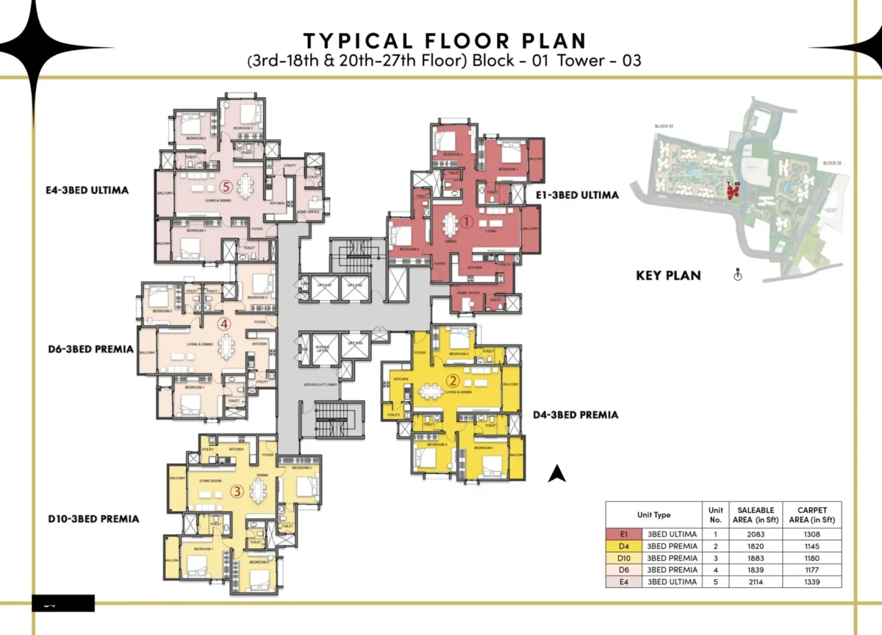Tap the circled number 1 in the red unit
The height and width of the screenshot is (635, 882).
[465, 220]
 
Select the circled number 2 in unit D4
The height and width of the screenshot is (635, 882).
[453, 381]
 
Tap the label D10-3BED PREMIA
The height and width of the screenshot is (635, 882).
[93, 519]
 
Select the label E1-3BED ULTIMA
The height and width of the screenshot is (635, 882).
[578, 195]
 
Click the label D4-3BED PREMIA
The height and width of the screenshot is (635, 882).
[576, 415]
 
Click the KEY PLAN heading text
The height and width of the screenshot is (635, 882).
[668, 276]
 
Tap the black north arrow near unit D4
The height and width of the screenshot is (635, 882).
[558, 474]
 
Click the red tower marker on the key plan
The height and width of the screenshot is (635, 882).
[732, 193]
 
